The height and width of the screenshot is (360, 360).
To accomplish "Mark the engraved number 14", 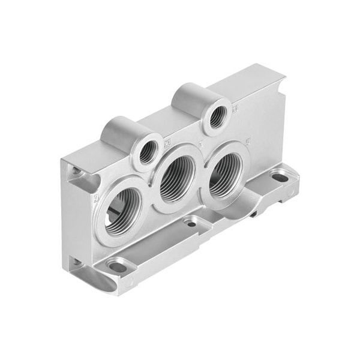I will pos(235,109).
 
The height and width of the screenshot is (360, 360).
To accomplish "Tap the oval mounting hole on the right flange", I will pos(279,178).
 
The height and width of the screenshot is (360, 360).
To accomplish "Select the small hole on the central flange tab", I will pos(191,223).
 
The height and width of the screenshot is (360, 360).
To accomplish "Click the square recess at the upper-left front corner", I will pos(77,174).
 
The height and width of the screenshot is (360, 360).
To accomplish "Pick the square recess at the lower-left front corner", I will pos(77,263).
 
